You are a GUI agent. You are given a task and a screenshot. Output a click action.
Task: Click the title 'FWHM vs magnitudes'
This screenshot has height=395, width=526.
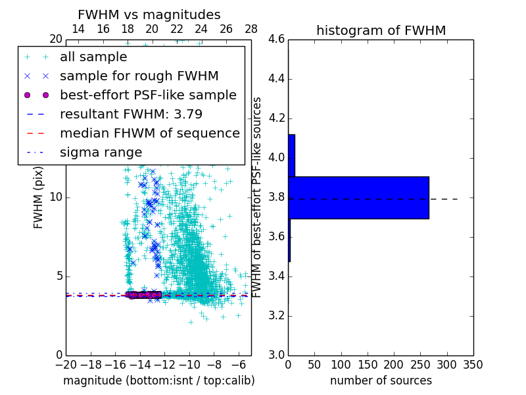[149, 14]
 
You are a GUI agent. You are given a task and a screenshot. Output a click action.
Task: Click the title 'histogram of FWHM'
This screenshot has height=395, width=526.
[381, 30]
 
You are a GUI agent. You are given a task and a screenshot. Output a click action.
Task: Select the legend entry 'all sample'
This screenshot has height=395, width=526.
[93, 57]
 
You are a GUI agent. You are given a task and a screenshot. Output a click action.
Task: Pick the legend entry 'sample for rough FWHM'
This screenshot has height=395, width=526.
[139, 76]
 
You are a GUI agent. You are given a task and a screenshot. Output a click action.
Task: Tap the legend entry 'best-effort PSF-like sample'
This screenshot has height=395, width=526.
[148, 95]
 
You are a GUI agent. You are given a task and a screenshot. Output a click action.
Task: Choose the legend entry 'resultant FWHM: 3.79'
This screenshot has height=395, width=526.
[131, 114]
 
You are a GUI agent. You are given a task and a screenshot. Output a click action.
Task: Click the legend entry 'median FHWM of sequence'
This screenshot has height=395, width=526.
[149, 133]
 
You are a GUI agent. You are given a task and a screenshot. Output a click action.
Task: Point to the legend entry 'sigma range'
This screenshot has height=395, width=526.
[101, 152]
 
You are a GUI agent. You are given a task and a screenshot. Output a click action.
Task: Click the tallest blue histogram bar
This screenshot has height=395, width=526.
[358, 197]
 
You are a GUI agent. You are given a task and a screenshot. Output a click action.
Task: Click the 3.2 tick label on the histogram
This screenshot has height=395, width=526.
[275, 315]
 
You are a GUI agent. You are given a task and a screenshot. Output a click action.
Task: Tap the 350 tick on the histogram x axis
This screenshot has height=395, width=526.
[473, 364]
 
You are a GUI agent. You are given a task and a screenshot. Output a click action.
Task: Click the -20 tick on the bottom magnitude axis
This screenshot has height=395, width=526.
[66, 364]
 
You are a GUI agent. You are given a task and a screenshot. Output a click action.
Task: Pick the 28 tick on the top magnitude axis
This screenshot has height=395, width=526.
[251, 29]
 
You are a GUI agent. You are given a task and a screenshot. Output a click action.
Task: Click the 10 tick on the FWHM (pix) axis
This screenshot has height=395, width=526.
[55, 197]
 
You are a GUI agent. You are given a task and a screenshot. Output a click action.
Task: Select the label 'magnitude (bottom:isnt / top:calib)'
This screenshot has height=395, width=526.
[158, 381]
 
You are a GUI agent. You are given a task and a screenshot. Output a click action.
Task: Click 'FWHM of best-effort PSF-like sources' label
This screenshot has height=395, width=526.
[258, 197]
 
